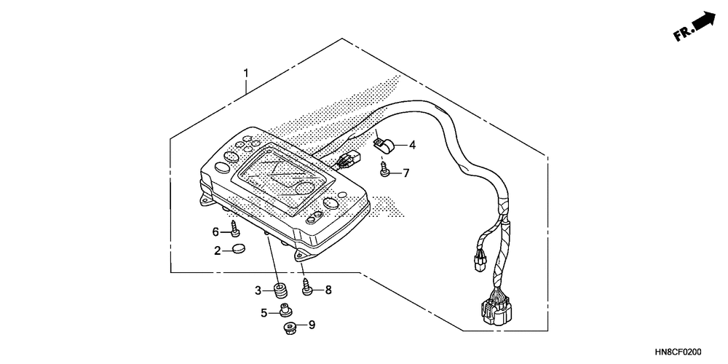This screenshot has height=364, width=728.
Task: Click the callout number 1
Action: pos(246,74)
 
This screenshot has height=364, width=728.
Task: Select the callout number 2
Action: pos(218,251)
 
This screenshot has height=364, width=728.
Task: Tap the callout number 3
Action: pos(258,290)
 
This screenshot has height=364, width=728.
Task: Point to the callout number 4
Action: pos(412,145)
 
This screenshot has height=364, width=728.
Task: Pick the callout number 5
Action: pos(264,313)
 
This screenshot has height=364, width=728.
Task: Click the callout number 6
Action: pos(215,232)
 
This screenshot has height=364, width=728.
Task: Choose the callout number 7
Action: pos(406,173)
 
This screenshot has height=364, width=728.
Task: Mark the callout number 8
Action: pos(328,290)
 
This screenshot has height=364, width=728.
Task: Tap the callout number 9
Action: pos(312,325)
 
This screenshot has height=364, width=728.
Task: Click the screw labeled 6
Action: pos(234,231)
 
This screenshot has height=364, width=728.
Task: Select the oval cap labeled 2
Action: pos(239,250)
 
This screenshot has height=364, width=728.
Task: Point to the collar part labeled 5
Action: pos(284,313)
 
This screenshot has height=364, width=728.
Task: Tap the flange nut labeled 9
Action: pos(289,328)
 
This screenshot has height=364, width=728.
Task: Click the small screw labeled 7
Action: pos(386,171)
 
